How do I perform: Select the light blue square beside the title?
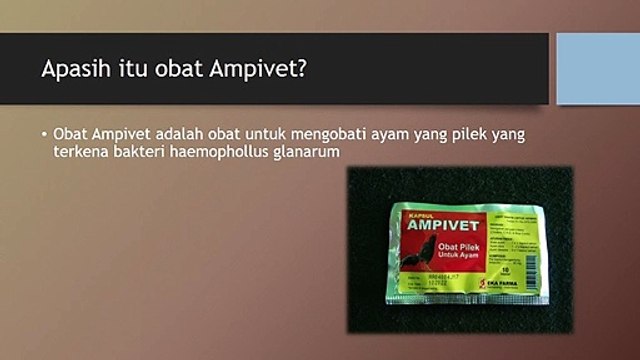pos(597,68)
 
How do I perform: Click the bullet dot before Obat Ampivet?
pos(45,135)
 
